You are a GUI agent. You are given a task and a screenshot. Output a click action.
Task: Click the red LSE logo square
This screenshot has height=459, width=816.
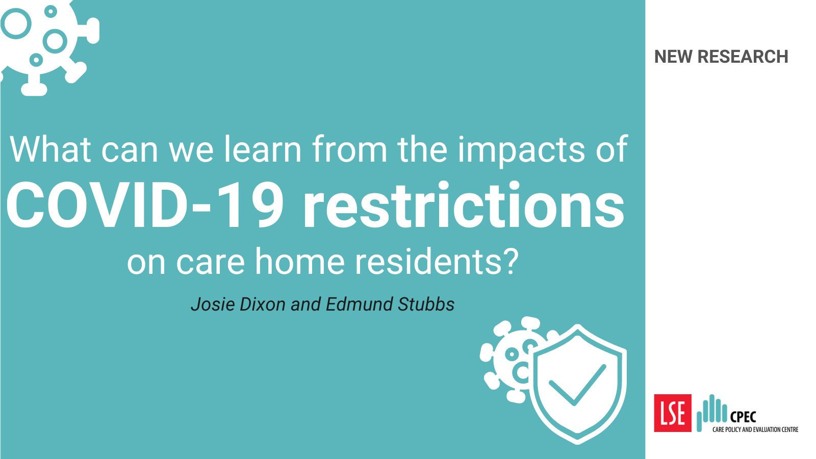coord(673,413)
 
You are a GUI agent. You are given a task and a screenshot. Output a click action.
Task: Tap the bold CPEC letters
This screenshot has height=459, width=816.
coord(743,416)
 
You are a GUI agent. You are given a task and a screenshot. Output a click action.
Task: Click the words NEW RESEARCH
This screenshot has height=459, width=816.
coord(721,57)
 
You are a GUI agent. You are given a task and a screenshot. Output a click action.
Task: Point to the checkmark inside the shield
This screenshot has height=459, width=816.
coord(577,385)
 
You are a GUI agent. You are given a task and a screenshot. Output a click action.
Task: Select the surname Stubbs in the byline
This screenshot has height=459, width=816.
coord(426,304)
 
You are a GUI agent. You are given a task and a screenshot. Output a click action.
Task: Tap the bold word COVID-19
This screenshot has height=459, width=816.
coord(145,205)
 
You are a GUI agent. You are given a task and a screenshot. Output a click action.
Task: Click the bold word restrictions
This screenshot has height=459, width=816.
coord(464,205)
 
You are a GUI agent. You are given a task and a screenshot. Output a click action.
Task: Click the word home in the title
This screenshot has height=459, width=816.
coord(299,261)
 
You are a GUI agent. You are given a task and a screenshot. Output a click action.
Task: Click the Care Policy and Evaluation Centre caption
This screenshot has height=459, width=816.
coord(755,429)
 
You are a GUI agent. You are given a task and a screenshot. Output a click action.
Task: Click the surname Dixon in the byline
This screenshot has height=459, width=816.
coord(263,304)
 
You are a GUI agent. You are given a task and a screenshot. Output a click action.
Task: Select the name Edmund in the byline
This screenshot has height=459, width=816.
coord(360,304)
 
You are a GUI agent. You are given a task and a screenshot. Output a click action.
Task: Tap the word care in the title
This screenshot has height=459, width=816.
coord(210,262)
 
